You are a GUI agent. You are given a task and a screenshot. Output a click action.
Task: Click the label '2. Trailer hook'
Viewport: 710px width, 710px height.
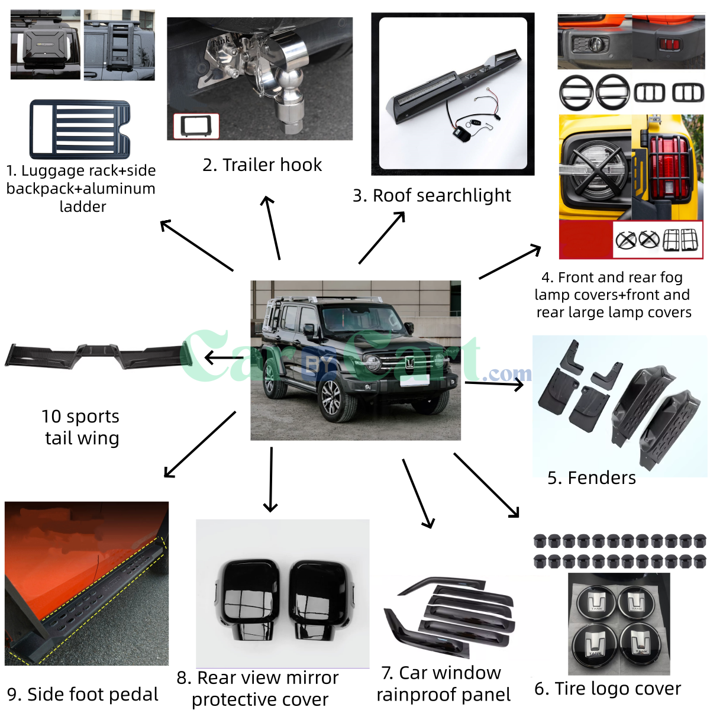(262, 164)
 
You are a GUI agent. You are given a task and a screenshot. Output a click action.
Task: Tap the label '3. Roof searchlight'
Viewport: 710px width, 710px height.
(432, 195)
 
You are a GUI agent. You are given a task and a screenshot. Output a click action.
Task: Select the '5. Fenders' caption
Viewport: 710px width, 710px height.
(592, 477)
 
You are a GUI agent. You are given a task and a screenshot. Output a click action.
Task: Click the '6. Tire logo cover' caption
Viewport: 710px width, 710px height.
(608, 689)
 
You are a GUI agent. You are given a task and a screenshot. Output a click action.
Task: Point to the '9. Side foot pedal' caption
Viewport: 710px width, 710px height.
(83, 694)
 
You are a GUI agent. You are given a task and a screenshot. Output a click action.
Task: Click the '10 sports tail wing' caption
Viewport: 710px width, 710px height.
(81, 427)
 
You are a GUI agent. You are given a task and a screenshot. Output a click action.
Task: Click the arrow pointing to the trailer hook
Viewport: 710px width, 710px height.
(272, 228)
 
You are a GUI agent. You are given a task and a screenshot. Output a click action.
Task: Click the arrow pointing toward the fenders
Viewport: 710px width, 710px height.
(495, 384)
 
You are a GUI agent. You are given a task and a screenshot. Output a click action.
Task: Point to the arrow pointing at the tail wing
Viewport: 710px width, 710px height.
(224, 358)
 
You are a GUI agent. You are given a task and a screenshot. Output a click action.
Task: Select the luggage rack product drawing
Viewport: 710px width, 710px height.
(80, 130)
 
